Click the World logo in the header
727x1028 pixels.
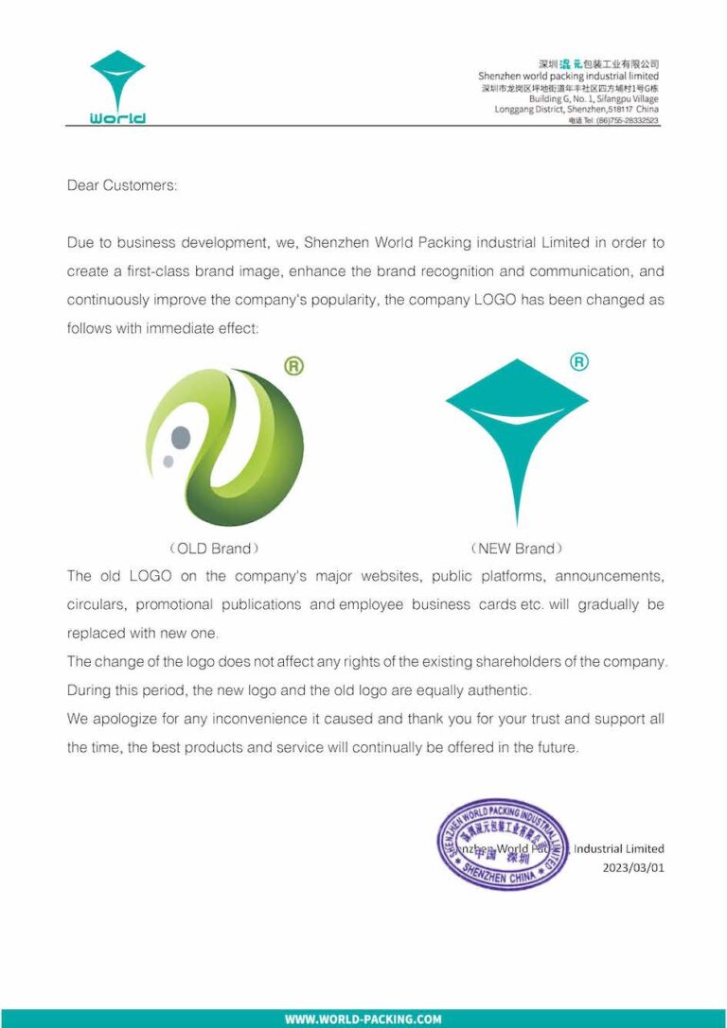tap(117, 87)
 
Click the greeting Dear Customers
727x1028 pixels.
tap(122, 185)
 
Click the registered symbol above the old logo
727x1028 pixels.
tap(294, 366)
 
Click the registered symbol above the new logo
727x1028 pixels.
tap(579, 362)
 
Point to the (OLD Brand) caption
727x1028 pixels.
tap(213, 549)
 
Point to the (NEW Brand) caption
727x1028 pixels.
tap(516, 549)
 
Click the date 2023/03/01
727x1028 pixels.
tap(633, 866)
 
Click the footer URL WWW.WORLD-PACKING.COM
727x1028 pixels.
tap(363, 1019)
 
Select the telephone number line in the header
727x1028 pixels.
tap(613, 121)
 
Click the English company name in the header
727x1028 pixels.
tap(568, 76)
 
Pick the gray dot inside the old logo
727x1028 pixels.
tap(181, 437)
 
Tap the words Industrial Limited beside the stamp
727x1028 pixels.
tap(618, 848)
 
